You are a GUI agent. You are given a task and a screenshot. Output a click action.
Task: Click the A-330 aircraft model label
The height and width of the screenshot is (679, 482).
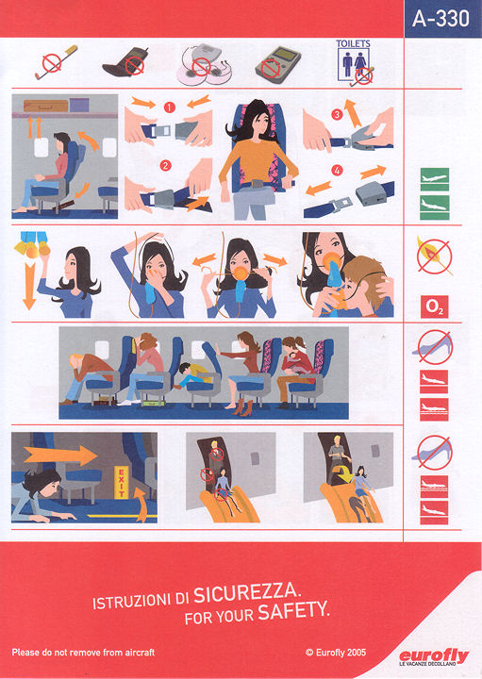tap(440, 19)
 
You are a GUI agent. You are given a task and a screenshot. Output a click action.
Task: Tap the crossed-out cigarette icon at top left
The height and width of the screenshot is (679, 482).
tap(56, 62)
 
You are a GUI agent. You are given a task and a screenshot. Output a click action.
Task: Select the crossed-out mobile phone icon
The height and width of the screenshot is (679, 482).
tap(125, 62)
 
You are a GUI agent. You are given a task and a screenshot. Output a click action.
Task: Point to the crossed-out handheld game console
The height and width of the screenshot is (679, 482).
tap(277, 64)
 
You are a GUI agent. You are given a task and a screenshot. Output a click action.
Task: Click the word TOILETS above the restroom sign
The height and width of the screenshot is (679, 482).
tap(353, 43)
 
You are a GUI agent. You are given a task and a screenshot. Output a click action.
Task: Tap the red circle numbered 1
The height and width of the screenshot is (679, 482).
tap(169, 107)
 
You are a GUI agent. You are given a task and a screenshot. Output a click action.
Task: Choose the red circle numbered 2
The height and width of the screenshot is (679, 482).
tap(165, 165)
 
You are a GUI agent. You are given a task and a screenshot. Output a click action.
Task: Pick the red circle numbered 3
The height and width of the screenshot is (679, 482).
tap(337, 114)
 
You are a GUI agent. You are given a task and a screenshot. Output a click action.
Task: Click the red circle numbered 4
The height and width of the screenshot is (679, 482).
tap(337, 171)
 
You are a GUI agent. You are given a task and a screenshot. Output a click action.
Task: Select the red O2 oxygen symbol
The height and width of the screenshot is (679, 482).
tap(434, 306)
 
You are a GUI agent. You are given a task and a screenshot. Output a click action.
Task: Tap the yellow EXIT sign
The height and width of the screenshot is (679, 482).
tap(122, 482)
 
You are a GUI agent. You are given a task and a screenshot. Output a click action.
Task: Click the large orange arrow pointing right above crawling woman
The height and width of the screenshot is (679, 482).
tap(60, 455)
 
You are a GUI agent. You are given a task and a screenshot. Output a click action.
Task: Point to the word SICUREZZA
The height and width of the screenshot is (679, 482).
tap(246, 592)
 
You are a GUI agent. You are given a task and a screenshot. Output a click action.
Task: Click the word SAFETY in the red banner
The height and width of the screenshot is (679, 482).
tap(293, 611)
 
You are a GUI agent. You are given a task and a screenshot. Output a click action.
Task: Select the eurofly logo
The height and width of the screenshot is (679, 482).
tap(434, 657)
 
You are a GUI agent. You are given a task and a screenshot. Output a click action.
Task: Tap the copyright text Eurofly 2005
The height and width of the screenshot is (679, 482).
tap(336, 653)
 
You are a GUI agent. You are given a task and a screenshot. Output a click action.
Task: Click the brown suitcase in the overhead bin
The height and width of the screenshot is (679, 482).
tap(46, 106)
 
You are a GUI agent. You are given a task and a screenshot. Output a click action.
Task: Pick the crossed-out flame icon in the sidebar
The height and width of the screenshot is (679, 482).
tap(434, 257)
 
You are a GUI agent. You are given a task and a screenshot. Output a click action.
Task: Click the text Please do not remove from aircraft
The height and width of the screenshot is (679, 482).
tap(83, 653)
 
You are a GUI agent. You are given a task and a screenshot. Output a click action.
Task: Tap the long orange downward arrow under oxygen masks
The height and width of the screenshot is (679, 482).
tap(29, 286)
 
